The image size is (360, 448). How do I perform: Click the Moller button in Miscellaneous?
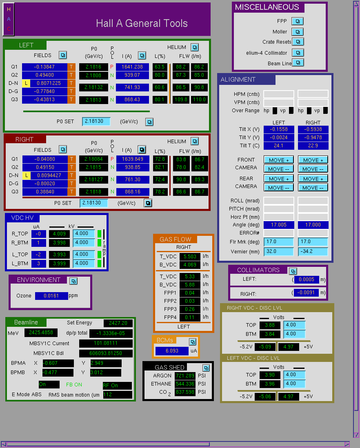tap(298, 32)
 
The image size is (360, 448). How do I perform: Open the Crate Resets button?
tap(298, 42)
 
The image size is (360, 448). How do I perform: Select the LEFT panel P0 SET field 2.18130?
tap(96, 122)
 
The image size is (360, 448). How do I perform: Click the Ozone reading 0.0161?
tap(51, 296)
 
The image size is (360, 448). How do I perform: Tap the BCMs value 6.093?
tap(172, 351)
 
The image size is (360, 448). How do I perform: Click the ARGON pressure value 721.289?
tap(185, 375)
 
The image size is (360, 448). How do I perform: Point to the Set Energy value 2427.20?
tap(118, 323)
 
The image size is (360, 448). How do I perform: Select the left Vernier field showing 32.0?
tap(278, 251)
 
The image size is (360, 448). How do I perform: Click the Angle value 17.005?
tap(278, 225)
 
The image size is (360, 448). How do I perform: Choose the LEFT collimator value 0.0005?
tap(306, 279)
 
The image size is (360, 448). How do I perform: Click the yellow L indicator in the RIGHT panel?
tap(26, 175)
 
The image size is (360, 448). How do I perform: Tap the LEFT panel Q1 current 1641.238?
tap(132, 67)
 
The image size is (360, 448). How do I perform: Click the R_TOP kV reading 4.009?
tap(59, 234)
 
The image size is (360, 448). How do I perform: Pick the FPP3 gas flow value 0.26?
tap(190, 309)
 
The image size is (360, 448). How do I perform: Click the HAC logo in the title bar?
tap(9, 19)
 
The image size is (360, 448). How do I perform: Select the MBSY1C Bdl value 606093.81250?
tap(106, 353)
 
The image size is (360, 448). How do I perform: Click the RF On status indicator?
tap(117, 386)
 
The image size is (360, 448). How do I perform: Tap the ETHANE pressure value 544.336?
tap(185, 384)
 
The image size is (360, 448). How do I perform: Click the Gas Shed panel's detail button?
tap(206, 368)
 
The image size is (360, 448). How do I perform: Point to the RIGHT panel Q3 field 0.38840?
tap(45, 192)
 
